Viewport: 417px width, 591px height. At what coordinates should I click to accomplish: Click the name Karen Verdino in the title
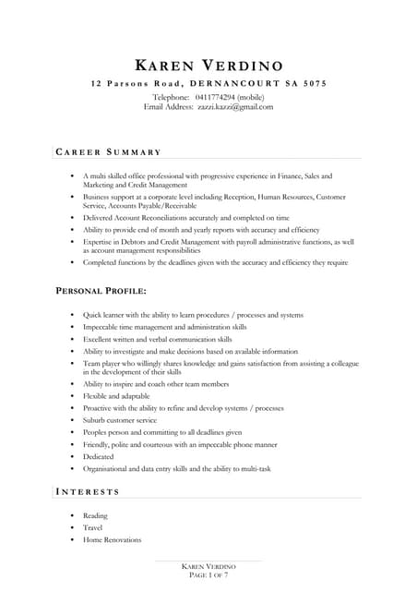point(208,65)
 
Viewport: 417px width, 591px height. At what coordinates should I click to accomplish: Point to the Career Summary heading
point(109,151)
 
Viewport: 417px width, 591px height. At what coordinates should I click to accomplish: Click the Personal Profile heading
point(101,291)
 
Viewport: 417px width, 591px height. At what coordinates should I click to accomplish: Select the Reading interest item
point(95,515)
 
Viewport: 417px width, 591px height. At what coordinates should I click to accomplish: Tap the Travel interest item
point(93,527)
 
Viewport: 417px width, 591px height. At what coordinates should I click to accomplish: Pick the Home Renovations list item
point(112,539)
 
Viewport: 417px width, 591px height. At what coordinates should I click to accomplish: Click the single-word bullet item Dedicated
point(99,456)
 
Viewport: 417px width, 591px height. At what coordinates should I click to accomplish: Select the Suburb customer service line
point(120,420)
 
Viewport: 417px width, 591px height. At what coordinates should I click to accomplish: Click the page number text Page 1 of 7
point(208,575)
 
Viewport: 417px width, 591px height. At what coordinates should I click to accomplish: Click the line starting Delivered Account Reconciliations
point(185,218)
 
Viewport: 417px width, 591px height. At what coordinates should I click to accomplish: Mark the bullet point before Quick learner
point(71,315)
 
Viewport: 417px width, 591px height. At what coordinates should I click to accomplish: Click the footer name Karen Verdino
point(208,566)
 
